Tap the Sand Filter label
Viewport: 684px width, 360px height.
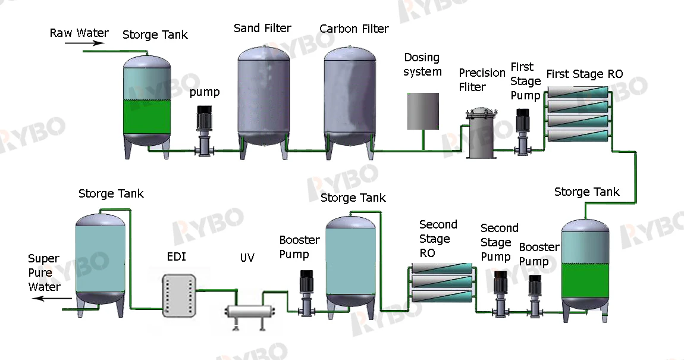262,28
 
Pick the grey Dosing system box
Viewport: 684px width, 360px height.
423,111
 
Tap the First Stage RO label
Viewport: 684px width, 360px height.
584,74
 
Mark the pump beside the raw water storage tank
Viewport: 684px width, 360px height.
204,131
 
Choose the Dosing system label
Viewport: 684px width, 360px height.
422,64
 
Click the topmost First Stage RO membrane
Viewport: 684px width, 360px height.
578,92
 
